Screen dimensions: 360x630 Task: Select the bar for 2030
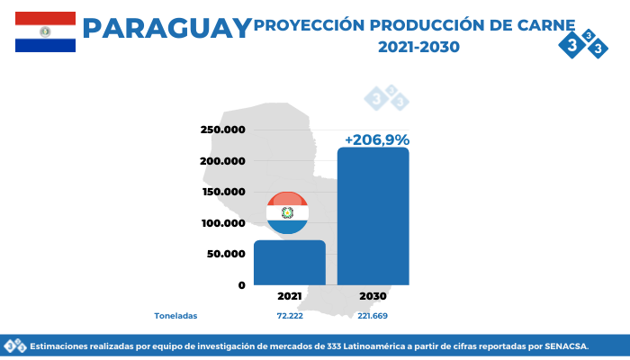(x=373, y=216)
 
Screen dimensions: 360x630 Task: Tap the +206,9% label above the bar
(x=377, y=139)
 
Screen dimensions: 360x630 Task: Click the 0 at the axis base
(x=241, y=285)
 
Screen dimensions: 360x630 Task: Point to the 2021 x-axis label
(x=289, y=296)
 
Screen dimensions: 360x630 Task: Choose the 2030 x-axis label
(x=373, y=296)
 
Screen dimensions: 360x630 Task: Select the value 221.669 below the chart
(x=373, y=316)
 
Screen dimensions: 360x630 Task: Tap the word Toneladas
(x=175, y=316)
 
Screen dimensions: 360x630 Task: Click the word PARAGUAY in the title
(x=167, y=28)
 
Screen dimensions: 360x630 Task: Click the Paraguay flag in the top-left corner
(x=45, y=31)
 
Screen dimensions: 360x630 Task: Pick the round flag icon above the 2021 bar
(x=287, y=213)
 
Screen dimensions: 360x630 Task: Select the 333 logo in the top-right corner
(x=583, y=43)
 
